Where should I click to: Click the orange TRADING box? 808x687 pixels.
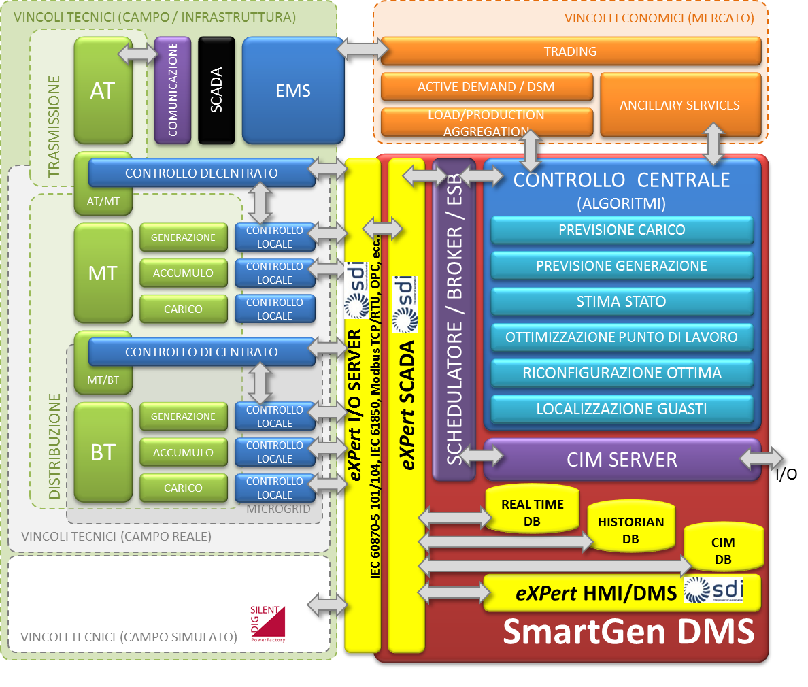570,52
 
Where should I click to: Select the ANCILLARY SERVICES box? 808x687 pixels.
679,105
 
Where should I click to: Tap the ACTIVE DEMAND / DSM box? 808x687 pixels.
486,87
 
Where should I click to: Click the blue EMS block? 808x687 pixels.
293,90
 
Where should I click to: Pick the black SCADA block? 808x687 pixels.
216,90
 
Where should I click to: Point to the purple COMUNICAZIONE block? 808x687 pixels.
173,90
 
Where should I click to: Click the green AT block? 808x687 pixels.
103,90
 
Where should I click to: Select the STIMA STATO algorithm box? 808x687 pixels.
622,302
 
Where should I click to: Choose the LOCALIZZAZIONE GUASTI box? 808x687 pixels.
622,409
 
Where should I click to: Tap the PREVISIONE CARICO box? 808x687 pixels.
622,230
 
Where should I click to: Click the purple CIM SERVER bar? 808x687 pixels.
622,460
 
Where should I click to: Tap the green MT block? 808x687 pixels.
103,273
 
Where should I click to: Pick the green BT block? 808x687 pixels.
103,452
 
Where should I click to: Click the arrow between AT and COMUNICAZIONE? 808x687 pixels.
137,53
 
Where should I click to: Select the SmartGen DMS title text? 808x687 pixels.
628,632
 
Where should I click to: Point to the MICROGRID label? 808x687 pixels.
278,509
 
